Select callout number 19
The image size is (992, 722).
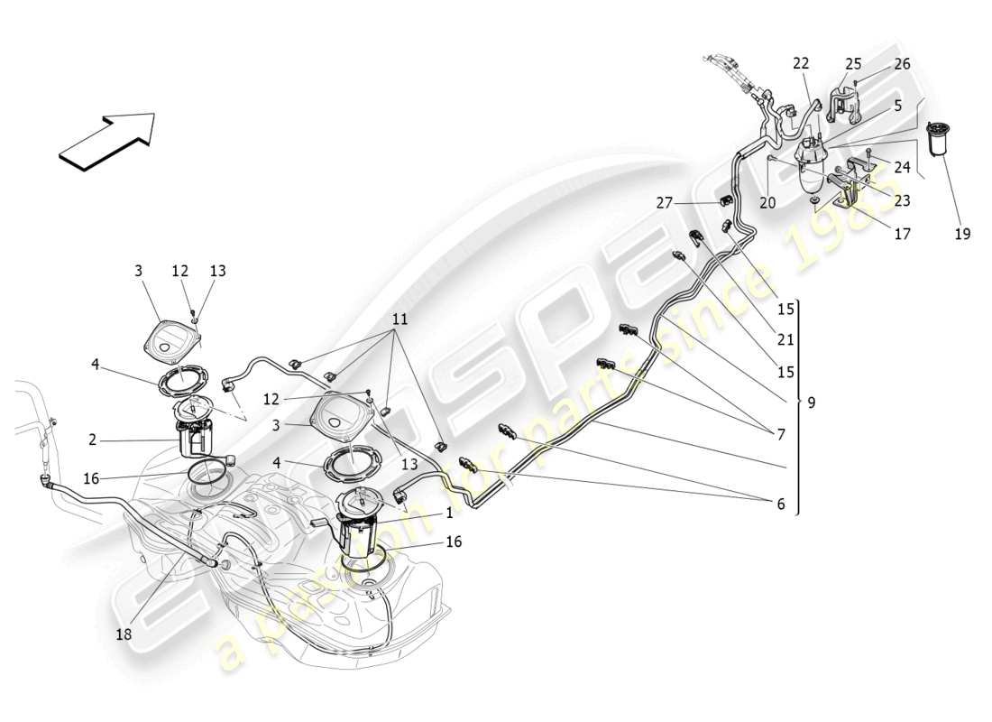(x=962, y=234)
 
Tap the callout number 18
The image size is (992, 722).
(x=124, y=634)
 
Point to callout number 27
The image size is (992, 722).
(x=665, y=203)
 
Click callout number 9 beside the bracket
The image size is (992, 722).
(x=811, y=403)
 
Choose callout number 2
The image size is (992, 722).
(x=92, y=440)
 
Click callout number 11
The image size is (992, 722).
(x=400, y=320)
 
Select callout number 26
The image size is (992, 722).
(x=902, y=64)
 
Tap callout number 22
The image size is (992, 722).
(x=801, y=64)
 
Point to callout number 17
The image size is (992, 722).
(x=902, y=234)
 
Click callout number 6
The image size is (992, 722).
(x=781, y=504)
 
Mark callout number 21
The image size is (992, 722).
(x=785, y=340)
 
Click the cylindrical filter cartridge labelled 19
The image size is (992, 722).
(x=942, y=141)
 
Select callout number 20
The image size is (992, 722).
(x=767, y=203)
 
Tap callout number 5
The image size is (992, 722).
(x=898, y=106)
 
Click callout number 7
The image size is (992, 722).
(x=781, y=434)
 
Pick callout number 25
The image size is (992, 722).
(x=853, y=64)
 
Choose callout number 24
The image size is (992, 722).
(x=902, y=166)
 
